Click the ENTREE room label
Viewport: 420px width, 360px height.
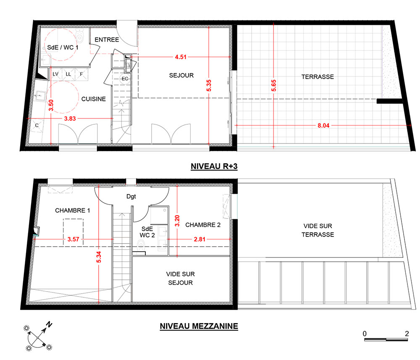pos(107,39)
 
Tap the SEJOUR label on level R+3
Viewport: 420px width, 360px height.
pos(181,76)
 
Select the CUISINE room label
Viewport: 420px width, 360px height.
pos(94,99)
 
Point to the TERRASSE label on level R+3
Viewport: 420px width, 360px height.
pos(318,77)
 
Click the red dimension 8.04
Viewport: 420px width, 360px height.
pos(323,125)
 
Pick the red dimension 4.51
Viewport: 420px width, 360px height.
pos(181,57)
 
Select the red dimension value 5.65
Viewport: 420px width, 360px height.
pos(273,86)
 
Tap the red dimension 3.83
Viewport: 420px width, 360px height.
pos(70,118)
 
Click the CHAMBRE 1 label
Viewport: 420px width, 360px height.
pos(73,210)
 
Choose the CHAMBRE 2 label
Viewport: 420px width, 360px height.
pos(203,225)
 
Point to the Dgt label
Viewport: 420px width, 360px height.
pos(131,197)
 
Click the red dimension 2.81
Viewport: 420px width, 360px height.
pos(199,239)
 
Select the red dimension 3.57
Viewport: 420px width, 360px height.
pos(73,239)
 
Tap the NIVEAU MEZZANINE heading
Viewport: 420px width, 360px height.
pos(199,326)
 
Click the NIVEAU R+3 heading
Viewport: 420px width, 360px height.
pos(214,166)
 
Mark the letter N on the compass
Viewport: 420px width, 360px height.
pos(49,324)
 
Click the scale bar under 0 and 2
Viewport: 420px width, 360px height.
pos(386,340)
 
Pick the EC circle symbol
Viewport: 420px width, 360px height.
pos(125,79)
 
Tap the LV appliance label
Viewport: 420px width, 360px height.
pos(55,74)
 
